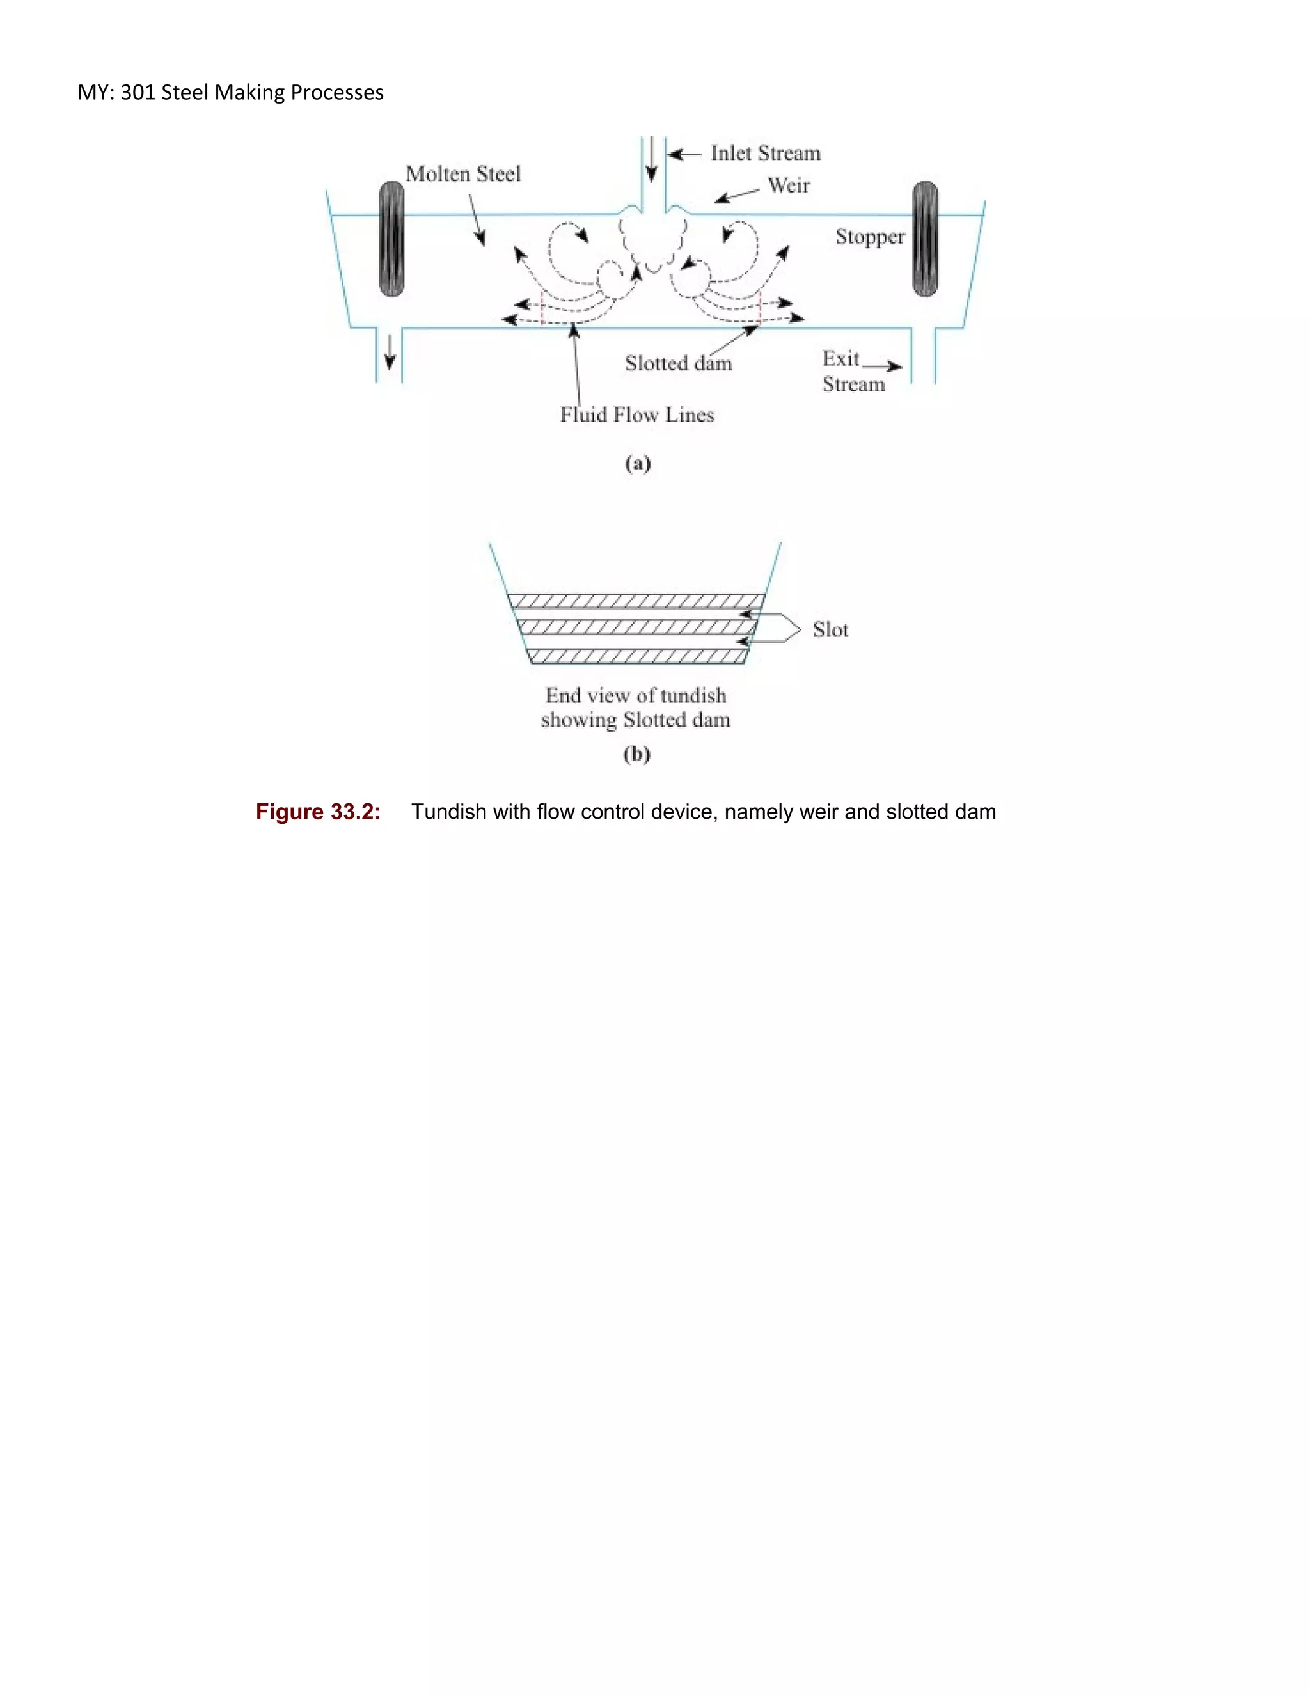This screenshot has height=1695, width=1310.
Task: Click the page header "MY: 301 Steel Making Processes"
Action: click(230, 92)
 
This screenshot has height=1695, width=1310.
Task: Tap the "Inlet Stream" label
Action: click(765, 153)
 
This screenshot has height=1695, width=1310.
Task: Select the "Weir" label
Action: click(789, 185)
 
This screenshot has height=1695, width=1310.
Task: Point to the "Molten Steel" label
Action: click(463, 174)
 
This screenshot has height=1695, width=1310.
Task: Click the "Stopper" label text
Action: click(870, 237)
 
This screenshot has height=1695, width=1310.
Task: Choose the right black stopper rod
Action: click(925, 239)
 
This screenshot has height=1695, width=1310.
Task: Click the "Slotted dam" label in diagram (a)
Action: click(678, 363)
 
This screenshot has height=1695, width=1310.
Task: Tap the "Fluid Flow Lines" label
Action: click(637, 415)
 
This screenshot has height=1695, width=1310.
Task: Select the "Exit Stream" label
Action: click(852, 372)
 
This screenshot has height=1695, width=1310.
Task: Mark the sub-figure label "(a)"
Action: click(638, 464)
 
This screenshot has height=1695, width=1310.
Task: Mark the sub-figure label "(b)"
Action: click(636, 754)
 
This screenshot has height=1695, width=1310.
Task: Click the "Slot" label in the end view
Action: click(830, 629)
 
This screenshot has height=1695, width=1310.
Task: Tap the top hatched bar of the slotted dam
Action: click(636, 601)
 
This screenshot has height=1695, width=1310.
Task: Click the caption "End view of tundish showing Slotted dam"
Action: click(636, 707)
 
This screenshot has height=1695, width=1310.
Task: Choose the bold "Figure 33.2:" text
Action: click(318, 812)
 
